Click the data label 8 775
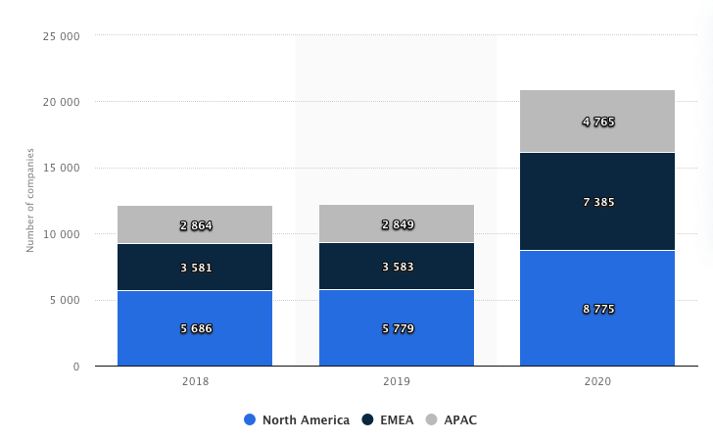(x=597, y=309)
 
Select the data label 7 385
(x=597, y=202)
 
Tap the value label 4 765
(x=597, y=123)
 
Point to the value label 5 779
(x=397, y=328)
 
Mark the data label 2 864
(x=196, y=225)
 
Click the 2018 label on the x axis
(x=195, y=381)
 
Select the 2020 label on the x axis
(x=597, y=381)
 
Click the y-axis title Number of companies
(x=30, y=200)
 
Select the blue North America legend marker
(x=250, y=420)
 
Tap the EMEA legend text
(x=397, y=420)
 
